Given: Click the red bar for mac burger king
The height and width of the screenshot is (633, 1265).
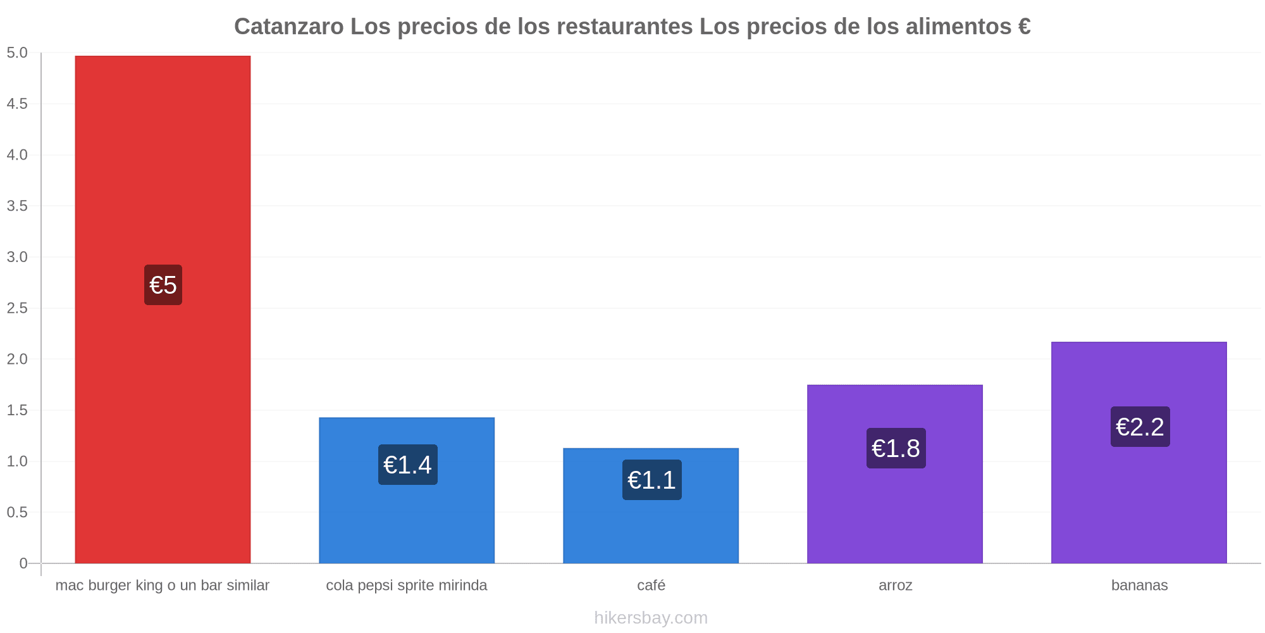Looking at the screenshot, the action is tap(163, 310).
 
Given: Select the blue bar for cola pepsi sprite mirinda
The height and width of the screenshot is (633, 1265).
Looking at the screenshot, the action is tap(407, 491).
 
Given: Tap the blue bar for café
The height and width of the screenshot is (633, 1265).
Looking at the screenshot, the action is tap(651, 506).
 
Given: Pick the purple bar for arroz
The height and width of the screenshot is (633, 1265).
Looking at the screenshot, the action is tap(895, 474).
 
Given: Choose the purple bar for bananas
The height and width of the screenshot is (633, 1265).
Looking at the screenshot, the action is tap(1139, 453).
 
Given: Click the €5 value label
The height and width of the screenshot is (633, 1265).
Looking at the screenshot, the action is tap(163, 285).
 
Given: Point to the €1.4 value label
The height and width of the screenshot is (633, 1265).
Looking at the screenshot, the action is tap(408, 465).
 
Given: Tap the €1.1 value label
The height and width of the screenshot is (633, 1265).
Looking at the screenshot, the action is tap(652, 480).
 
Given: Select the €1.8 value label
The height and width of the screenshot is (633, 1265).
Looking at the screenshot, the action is tap(896, 448).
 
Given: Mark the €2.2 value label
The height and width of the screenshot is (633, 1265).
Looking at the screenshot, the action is tap(1140, 427).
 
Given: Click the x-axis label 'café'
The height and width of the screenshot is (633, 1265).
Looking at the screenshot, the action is tap(651, 585).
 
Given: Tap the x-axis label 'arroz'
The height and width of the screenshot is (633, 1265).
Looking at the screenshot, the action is tap(896, 586).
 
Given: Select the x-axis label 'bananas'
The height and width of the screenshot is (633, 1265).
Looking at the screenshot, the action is tap(1140, 585).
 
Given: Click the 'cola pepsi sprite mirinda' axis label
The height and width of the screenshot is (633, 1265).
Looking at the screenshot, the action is tap(407, 586).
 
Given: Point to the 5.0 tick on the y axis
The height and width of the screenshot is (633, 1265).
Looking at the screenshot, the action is tap(17, 53).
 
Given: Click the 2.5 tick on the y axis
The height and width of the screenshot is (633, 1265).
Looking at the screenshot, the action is tap(17, 308).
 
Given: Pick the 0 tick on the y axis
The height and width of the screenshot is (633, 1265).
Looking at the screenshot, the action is tap(23, 563).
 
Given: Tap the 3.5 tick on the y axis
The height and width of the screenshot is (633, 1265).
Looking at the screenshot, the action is tap(17, 206).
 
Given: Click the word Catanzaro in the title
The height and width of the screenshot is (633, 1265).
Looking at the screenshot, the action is tap(289, 27).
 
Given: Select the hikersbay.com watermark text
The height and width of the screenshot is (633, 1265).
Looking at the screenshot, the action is tap(651, 618).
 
